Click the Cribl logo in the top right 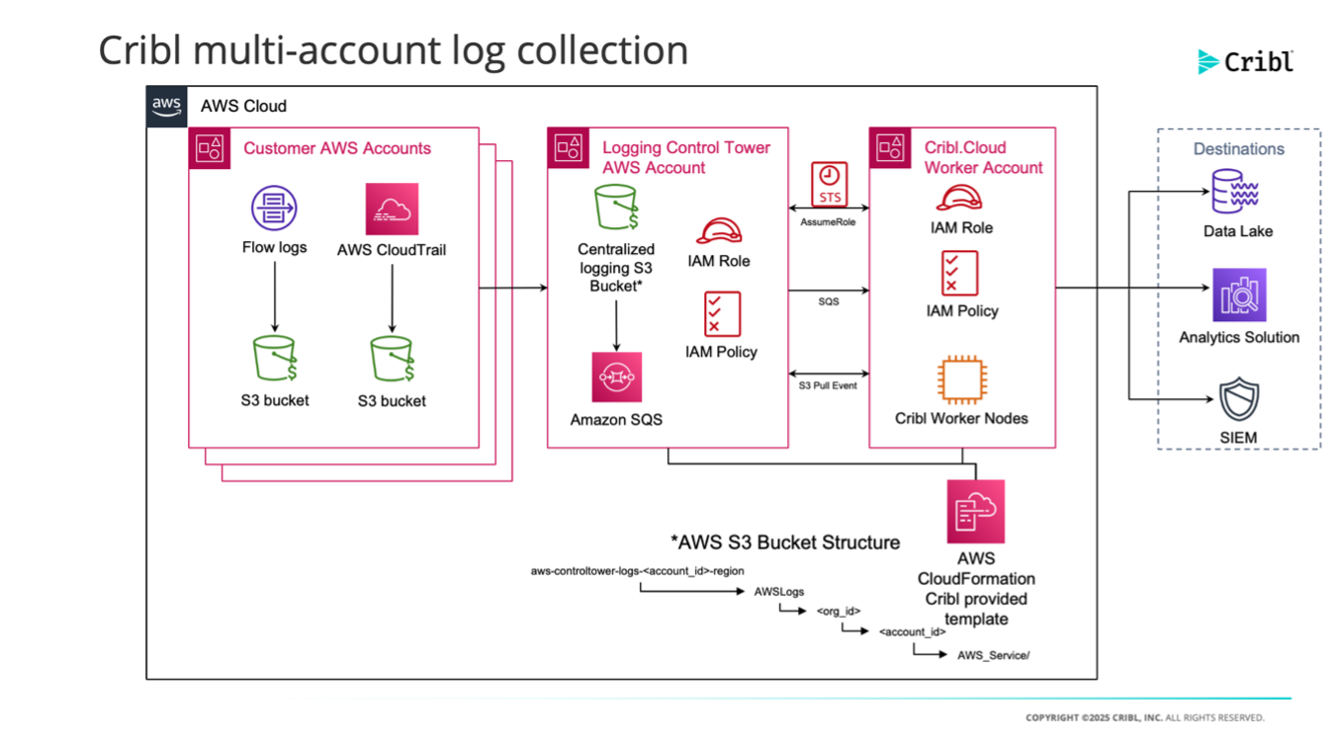[1245, 61]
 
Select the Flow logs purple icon [274, 209]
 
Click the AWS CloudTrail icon [392, 209]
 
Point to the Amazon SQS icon [616, 377]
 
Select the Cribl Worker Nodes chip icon [960, 380]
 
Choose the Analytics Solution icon [1239, 294]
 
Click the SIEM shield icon [1239, 400]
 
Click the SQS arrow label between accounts [829, 301]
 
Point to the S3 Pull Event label [829, 385]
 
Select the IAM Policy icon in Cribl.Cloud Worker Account [960, 273]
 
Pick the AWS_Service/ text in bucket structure [993, 654]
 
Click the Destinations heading [1238, 149]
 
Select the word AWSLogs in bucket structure [779, 592]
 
